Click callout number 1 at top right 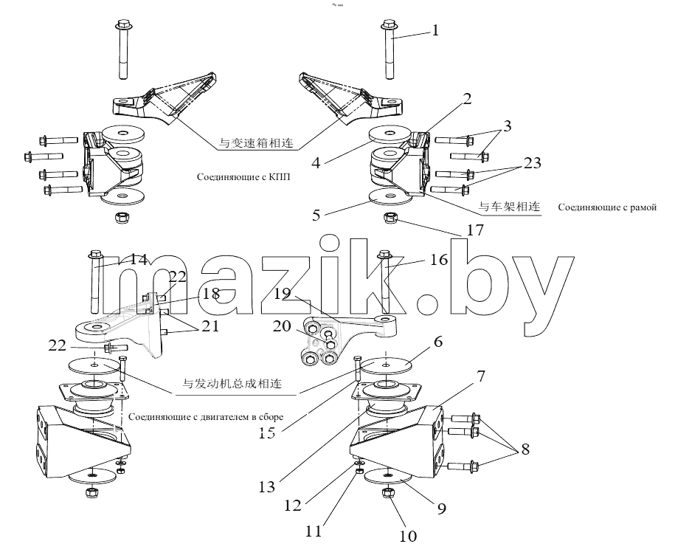pyautogui.click(x=435, y=30)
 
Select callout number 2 pyautogui.click(x=467, y=99)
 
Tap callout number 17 pyautogui.click(x=475, y=230)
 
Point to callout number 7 pyautogui.click(x=480, y=376)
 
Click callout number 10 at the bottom pyautogui.click(x=408, y=536)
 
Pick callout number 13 pyautogui.click(x=267, y=487)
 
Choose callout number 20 pyautogui.click(x=282, y=326)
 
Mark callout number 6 pyautogui.click(x=438, y=342)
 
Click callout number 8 pyautogui.click(x=525, y=449)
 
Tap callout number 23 pyautogui.click(x=532, y=162)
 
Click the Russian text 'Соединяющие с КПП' pyautogui.click(x=243, y=177)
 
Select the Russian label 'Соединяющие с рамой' pyautogui.click(x=607, y=207)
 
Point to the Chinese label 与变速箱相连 pyautogui.click(x=256, y=142)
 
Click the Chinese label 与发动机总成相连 pyautogui.click(x=232, y=383)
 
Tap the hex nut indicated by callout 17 pyautogui.click(x=390, y=218)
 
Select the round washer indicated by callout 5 pyautogui.click(x=390, y=197)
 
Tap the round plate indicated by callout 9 pyautogui.click(x=388, y=476)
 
